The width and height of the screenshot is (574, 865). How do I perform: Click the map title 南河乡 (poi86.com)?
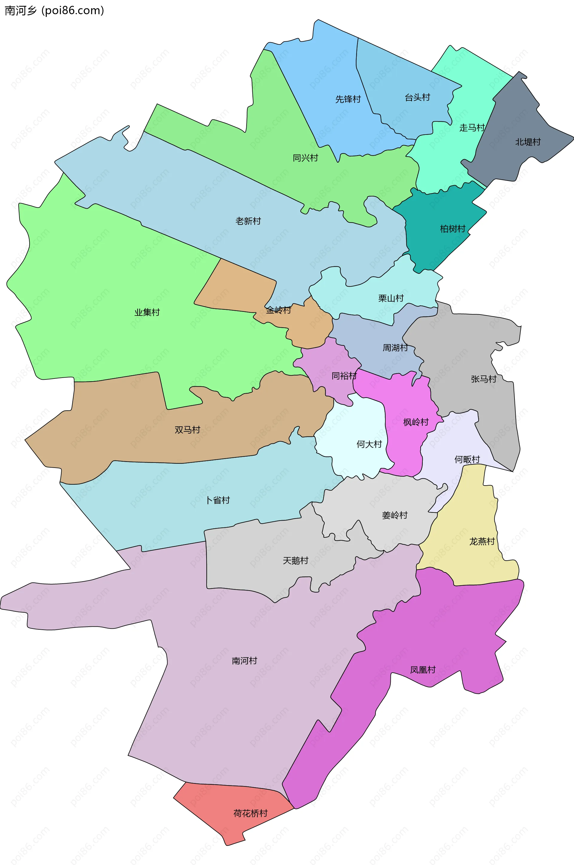click(x=54, y=11)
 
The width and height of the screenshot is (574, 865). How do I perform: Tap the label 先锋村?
click(x=348, y=99)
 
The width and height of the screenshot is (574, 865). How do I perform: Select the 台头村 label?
click(x=417, y=97)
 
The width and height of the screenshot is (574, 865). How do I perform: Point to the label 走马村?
click(x=472, y=128)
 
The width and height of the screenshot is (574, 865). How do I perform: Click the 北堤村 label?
click(x=528, y=142)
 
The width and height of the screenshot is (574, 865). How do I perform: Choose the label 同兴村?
click(x=305, y=158)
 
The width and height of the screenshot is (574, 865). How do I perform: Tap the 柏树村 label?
click(x=452, y=229)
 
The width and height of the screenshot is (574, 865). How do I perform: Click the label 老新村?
click(x=248, y=221)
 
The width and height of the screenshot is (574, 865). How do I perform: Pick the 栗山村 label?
click(x=391, y=298)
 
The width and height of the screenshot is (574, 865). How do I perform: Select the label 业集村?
click(x=147, y=312)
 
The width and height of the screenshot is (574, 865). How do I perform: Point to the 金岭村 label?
click(x=279, y=310)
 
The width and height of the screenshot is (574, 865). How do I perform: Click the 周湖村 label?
click(x=395, y=347)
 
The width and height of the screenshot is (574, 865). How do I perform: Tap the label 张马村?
click(x=484, y=379)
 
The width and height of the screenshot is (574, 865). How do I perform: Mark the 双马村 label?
click(x=187, y=430)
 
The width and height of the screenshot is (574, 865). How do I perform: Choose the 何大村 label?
click(x=369, y=444)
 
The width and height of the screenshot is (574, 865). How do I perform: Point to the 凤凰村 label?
click(x=423, y=670)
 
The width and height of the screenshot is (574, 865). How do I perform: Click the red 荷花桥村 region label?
click(x=251, y=813)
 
